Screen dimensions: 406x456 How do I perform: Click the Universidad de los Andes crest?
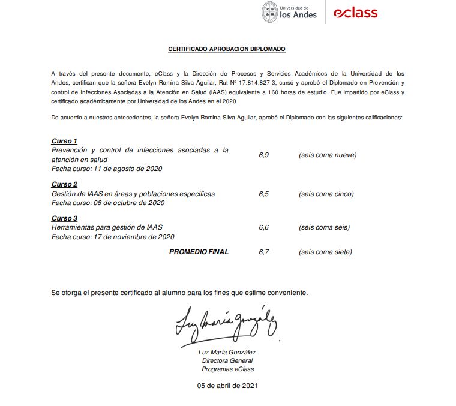click(x=270, y=12)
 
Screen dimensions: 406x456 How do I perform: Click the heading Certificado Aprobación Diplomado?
click(x=227, y=49)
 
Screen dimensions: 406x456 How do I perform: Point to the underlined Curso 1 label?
click(x=64, y=141)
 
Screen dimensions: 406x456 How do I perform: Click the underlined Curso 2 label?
click(x=64, y=184)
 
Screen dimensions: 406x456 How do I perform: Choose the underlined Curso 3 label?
click(x=64, y=218)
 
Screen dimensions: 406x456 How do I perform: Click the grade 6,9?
click(x=264, y=155)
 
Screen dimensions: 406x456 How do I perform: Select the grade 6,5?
click(x=264, y=194)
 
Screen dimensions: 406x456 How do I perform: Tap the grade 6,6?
click(x=264, y=227)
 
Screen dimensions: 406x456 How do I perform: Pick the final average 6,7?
click(x=264, y=252)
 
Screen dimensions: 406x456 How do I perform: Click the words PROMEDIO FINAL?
click(x=199, y=252)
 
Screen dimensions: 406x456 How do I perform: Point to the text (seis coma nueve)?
click(x=328, y=155)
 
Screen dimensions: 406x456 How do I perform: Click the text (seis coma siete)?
click(x=325, y=252)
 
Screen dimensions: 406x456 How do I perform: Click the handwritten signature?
click(x=226, y=324)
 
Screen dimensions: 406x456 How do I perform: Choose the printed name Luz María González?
click(x=227, y=352)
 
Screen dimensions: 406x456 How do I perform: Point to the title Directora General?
click(x=227, y=360)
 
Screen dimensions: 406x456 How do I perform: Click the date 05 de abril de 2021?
click(x=227, y=385)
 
